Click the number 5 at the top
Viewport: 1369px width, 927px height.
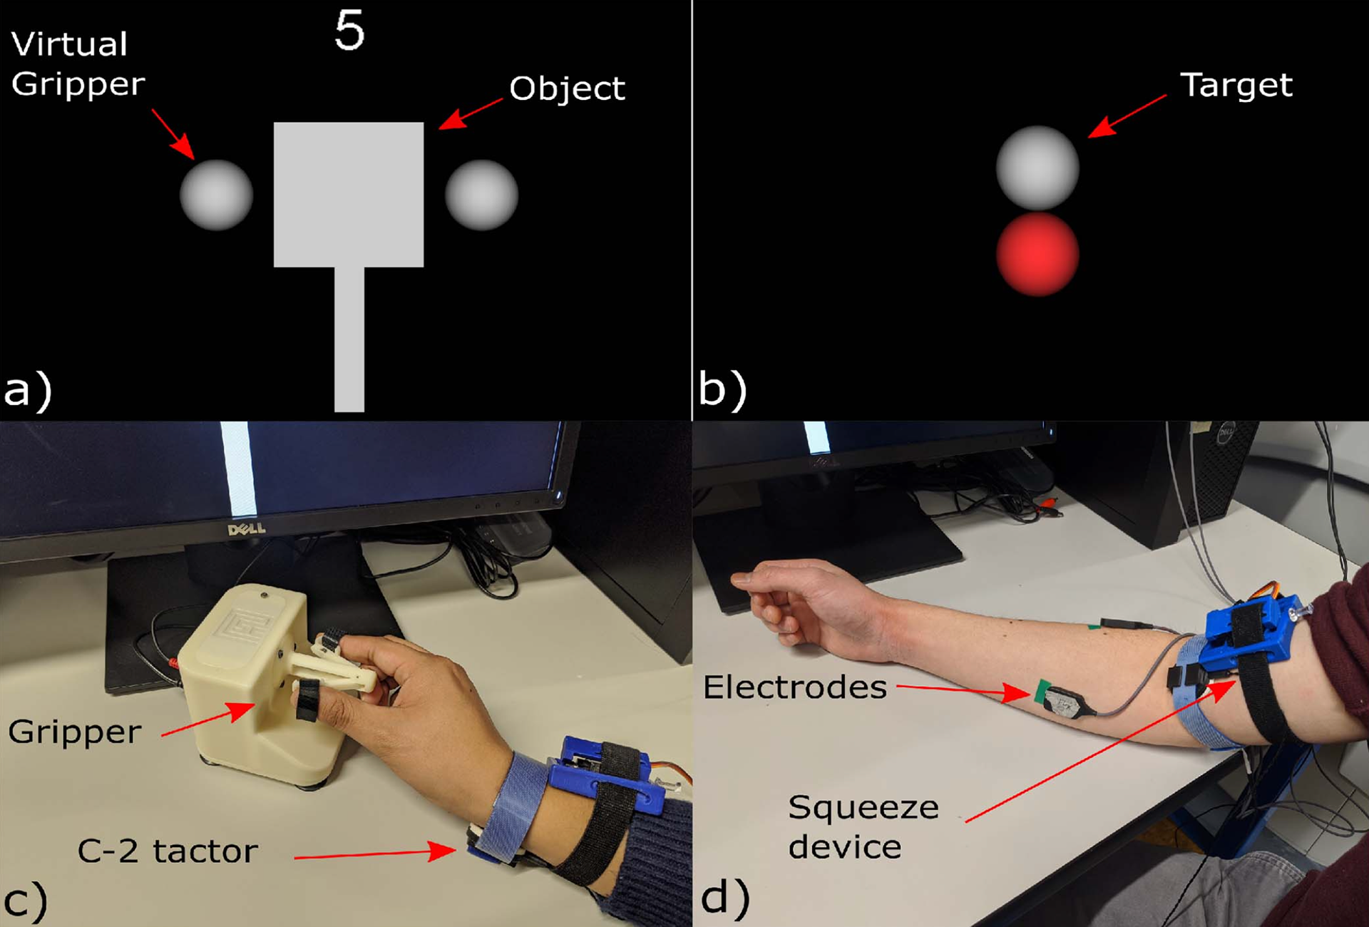pyautogui.click(x=349, y=31)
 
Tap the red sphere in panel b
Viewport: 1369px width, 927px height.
pyautogui.click(x=1037, y=254)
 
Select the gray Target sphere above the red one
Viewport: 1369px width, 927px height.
pyautogui.click(x=1037, y=168)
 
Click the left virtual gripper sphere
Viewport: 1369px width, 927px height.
pyautogui.click(x=216, y=195)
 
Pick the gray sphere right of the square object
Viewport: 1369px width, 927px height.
pyautogui.click(x=481, y=195)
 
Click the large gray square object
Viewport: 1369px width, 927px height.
pyautogui.click(x=349, y=194)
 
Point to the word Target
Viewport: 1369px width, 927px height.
pyautogui.click(x=1236, y=86)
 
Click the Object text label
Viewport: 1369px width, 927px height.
pyautogui.click(x=567, y=89)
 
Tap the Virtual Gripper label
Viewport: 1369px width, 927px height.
pyautogui.click(x=77, y=64)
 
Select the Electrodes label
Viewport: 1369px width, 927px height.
pyautogui.click(x=795, y=687)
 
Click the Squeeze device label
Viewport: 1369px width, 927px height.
pyautogui.click(x=863, y=827)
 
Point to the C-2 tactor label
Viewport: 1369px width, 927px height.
pyautogui.click(x=168, y=851)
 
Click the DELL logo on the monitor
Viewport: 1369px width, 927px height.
pyautogui.click(x=247, y=529)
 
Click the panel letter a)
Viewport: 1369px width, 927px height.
pyautogui.click(x=27, y=391)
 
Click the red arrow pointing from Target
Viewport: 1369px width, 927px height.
pyautogui.click(x=1127, y=116)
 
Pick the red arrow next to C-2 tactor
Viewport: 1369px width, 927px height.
pyautogui.click(x=375, y=853)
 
